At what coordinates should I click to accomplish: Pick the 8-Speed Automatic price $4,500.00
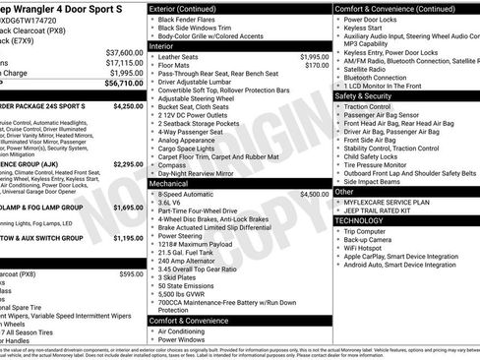click(314, 195)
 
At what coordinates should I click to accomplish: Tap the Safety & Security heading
click(370, 96)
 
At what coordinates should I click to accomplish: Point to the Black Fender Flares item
click(192, 20)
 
